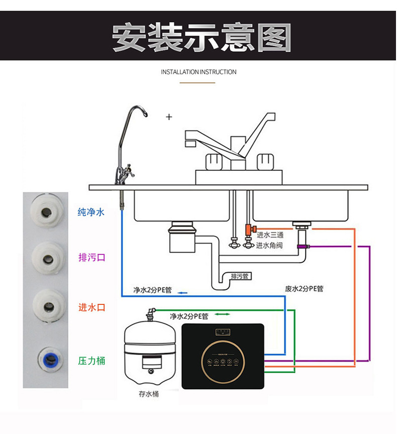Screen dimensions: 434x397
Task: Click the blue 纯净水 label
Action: [x=91, y=212]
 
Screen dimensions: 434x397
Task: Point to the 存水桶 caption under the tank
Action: [x=149, y=394]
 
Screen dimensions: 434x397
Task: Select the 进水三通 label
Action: [x=270, y=235]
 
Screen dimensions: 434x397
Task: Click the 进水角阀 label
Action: [x=270, y=245]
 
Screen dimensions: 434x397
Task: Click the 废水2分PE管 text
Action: [x=304, y=289]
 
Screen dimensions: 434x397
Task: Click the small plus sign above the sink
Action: [x=169, y=117]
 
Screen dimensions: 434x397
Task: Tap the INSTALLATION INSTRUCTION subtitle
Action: [x=198, y=72]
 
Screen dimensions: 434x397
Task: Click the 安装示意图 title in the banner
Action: [x=201, y=37]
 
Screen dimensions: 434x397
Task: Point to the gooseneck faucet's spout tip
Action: [x=146, y=115]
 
